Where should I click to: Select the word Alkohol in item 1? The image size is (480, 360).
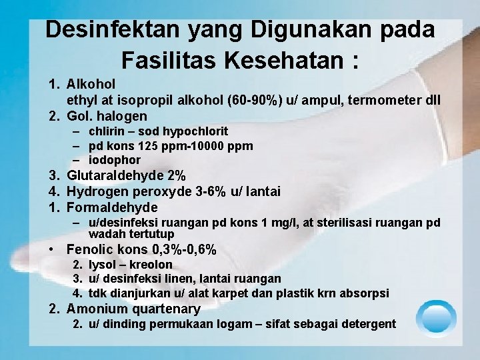(91, 85)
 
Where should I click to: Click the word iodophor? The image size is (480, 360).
(115, 160)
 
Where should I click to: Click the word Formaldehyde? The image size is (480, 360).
(112, 208)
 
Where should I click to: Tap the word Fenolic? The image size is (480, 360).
(90, 250)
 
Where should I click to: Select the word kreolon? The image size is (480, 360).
(153, 265)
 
